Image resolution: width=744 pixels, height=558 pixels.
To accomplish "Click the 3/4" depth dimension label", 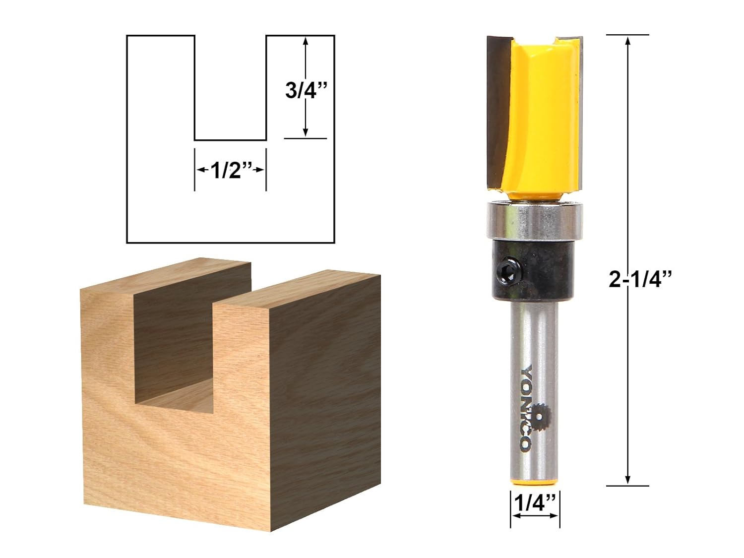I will (306, 91).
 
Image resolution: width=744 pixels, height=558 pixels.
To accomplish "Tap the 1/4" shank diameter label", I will (535, 504).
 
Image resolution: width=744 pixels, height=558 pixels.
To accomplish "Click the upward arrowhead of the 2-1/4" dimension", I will (628, 41).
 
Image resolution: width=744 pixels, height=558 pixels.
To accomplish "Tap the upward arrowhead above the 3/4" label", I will (306, 42).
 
